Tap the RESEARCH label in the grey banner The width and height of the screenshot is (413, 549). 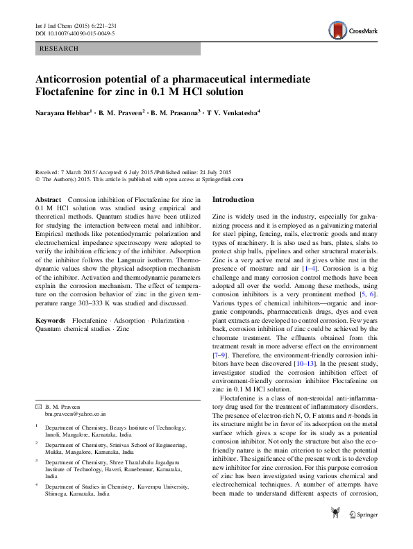tap(60, 49)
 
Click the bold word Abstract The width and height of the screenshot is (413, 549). tap(47, 199)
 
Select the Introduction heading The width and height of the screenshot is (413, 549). tap(238, 199)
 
